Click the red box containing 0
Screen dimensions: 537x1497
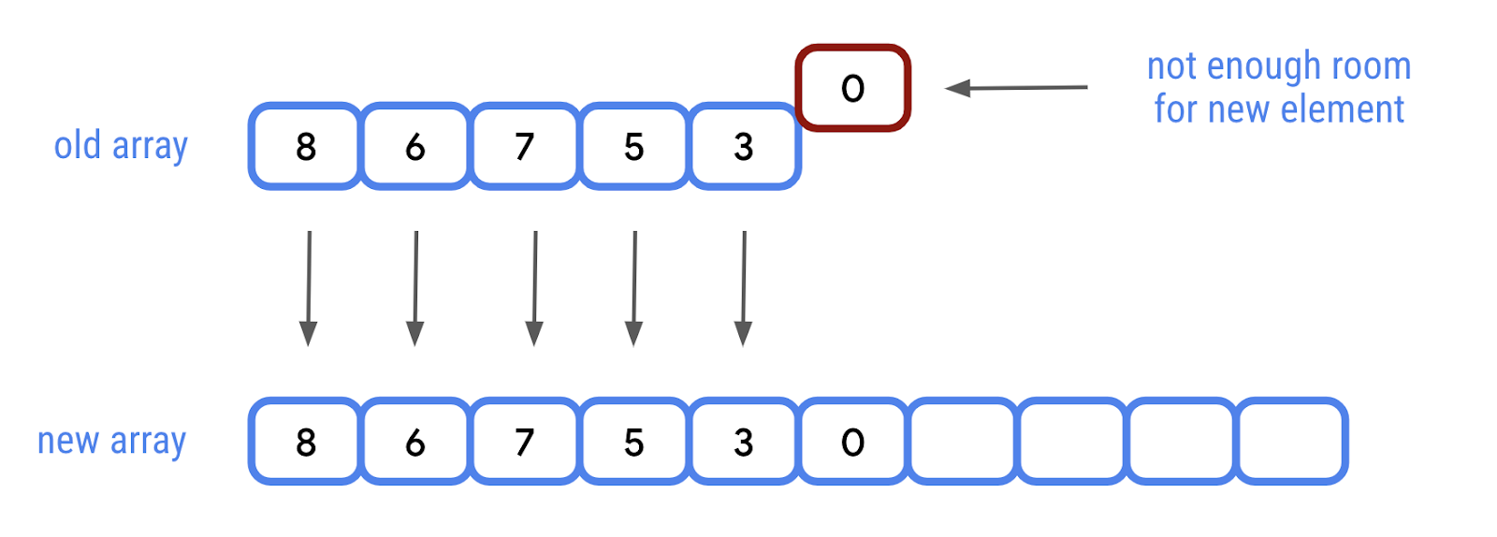click(852, 88)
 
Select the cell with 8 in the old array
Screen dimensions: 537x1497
click(306, 147)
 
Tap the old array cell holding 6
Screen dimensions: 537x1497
click(415, 147)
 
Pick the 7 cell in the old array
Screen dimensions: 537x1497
click(525, 147)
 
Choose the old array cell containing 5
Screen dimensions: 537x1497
click(634, 147)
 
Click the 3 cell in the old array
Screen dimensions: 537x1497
click(744, 147)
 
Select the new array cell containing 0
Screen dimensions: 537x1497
click(852, 442)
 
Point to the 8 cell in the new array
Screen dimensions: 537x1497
click(306, 442)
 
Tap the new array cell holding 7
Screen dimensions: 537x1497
click(525, 442)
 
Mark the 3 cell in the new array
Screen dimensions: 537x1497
click(744, 442)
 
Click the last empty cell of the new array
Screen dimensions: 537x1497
click(1291, 442)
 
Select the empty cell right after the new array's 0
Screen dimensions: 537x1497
click(963, 442)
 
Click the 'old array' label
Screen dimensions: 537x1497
click(121, 147)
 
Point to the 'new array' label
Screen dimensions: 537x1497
click(111, 442)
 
